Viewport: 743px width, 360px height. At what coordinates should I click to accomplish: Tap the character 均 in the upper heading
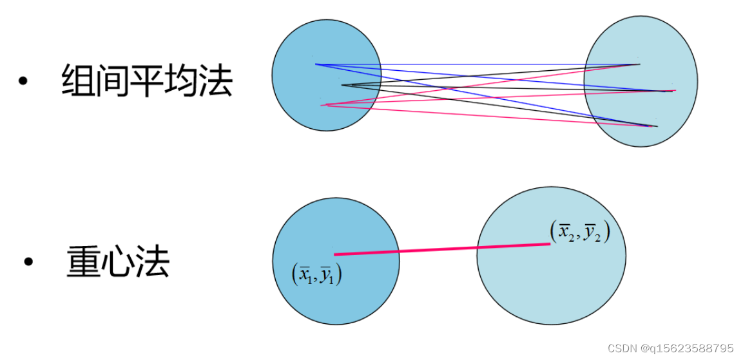(x=181, y=81)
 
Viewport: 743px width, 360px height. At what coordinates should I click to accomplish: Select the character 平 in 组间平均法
(x=147, y=81)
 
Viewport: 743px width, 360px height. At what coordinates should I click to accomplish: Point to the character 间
(x=113, y=81)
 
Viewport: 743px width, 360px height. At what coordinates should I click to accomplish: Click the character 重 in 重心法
(x=83, y=262)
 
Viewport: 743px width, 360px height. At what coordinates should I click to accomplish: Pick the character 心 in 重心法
(x=118, y=262)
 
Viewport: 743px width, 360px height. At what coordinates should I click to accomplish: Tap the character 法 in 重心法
(x=153, y=262)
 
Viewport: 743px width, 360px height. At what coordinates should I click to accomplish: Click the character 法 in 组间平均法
(x=215, y=81)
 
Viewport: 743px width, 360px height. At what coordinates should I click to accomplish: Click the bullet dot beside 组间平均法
(x=24, y=82)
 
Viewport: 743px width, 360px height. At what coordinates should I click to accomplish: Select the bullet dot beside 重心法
(x=28, y=262)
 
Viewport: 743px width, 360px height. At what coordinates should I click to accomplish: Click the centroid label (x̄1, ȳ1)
(x=316, y=275)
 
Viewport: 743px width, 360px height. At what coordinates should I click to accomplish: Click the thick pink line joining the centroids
(x=441, y=249)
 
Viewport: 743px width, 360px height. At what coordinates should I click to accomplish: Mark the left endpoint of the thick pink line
(x=335, y=254)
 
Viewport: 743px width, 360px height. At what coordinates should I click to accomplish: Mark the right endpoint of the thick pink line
(x=549, y=243)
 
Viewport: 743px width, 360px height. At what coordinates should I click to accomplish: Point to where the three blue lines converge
(x=316, y=64)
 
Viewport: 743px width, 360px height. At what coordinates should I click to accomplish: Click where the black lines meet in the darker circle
(x=342, y=85)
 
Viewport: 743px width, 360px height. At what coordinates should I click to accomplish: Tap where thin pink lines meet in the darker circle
(x=325, y=105)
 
